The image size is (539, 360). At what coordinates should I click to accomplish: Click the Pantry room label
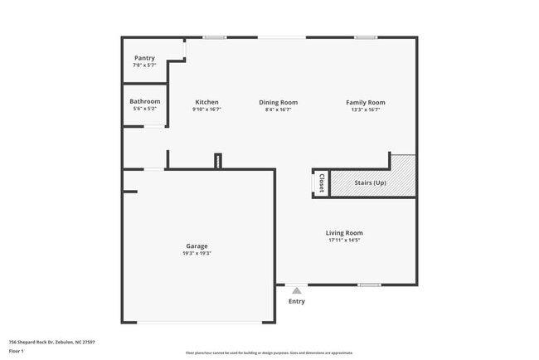(144, 58)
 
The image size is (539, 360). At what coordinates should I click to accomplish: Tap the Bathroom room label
(145, 101)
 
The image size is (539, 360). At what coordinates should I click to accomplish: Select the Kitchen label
(206, 102)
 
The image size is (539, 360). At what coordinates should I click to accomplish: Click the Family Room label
(365, 102)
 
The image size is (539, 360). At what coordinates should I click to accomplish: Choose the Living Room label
(344, 233)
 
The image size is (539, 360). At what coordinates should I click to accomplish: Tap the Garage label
(197, 246)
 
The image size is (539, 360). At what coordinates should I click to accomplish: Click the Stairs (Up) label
(369, 182)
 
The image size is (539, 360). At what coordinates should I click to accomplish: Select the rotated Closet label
(321, 182)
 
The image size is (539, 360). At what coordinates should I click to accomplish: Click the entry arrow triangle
(296, 290)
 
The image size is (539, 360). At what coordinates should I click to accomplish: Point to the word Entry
(296, 301)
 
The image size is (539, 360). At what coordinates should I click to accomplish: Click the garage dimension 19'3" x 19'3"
(197, 253)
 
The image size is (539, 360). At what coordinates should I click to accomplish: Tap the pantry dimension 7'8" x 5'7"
(144, 65)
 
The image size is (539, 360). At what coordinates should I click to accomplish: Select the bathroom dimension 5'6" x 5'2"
(145, 109)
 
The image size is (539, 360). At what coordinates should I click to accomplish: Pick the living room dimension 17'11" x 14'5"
(344, 241)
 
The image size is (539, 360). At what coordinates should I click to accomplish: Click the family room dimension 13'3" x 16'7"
(365, 109)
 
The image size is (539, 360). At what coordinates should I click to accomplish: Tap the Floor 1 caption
(17, 352)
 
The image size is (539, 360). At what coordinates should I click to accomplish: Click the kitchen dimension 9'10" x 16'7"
(206, 109)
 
